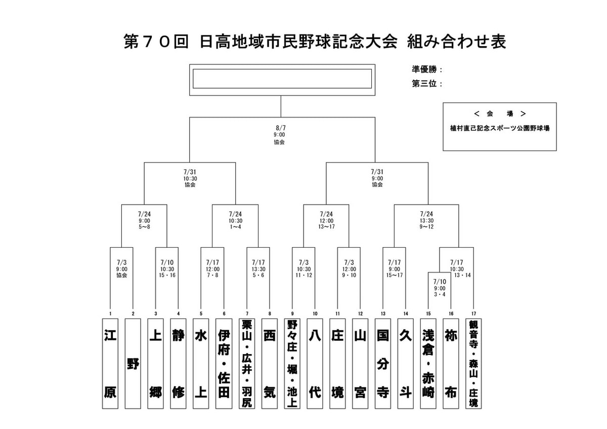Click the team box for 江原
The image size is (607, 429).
pyautogui.click(x=110, y=363)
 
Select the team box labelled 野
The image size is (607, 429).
pyautogui.click(x=133, y=363)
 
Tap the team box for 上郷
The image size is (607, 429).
pyautogui.click(x=155, y=363)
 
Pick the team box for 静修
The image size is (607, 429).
pyautogui.click(x=178, y=363)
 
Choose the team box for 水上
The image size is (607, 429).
pyautogui.click(x=201, y=363)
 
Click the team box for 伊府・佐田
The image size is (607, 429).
pyautogui.click(x=224, y=363)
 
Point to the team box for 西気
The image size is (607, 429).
pyautogui.click(x=270, y=363)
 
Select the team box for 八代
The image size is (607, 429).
pyautogui.click(x=315, y=363)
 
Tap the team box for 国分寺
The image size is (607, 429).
pyautogui.click(x=383, y=363)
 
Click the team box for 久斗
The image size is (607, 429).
pyautogui.click(x=406, y=363)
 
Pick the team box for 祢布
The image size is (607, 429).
pyautogui.click(x=451, y=363)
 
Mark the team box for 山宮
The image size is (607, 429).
pyautogui.click(x=360, y=363)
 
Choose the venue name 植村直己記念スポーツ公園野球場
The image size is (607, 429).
pyautogui.click(x=499, y=129)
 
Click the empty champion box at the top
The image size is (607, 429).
pyautogui.click(x=282, y=79)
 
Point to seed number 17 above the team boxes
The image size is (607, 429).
pyautogui.click(x=473, y=314)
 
